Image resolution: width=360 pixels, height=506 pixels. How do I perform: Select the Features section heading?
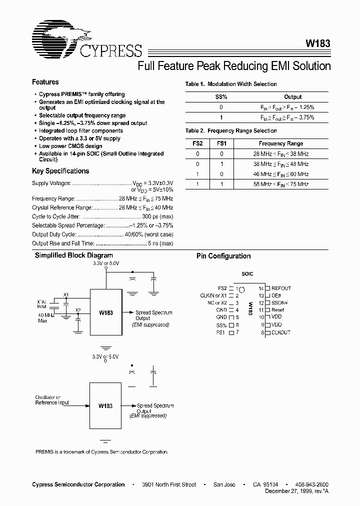[x=45, y=82]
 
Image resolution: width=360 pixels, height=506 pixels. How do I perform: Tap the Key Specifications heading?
[x=60, y=171]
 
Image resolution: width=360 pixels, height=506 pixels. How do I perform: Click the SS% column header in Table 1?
[x=221, y=97]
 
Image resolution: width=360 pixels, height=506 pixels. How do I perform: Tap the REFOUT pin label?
[x=281, y=288]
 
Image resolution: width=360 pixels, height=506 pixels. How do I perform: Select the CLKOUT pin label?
[x=281, y=332]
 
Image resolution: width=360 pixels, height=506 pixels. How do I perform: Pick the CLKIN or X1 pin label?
[x=213, y=295]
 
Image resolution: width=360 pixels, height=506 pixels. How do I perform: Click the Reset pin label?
[x=278, y=310]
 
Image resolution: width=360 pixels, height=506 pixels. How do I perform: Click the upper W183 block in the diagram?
[x=105, y=313]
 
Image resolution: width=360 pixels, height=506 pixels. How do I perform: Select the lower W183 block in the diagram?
[x=105, y=406]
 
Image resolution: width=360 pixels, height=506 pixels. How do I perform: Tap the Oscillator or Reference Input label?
[x=52, y=400]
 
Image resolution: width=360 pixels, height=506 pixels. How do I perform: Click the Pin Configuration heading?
[x=223, y=256]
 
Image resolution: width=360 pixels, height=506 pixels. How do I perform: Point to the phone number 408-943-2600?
[x=312, y=484]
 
